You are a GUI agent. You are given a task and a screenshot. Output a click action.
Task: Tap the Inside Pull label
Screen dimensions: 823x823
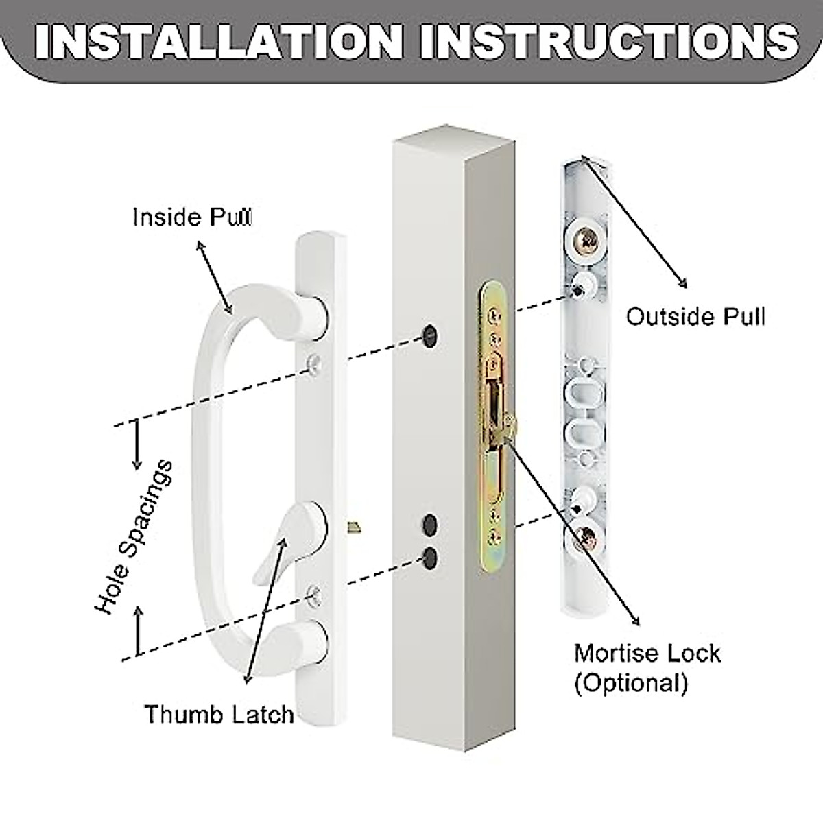pos(191,217)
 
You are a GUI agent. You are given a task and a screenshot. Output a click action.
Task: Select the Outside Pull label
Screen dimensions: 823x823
pos(695,317)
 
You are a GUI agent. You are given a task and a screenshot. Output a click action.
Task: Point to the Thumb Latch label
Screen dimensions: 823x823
pos(219,714)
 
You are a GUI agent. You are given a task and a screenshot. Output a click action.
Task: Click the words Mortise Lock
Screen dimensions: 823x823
pos(647,652)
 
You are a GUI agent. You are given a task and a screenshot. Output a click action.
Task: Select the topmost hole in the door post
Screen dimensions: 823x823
pos(430,334)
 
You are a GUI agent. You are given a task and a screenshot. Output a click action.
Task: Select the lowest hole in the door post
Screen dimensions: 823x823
pos(430,557)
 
